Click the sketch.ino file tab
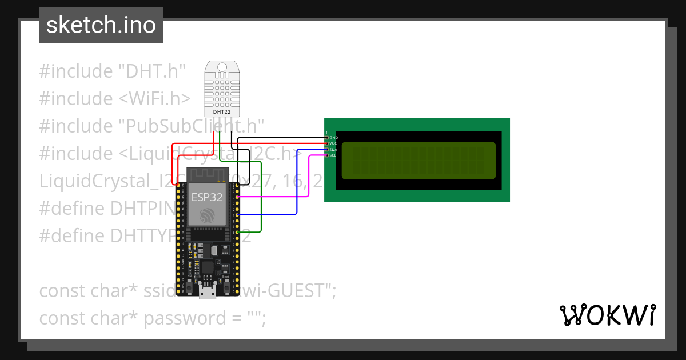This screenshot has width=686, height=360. [x=101, y=25]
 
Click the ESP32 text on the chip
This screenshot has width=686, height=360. [x=207, y=198]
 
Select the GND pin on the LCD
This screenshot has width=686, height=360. [x=327, y=138]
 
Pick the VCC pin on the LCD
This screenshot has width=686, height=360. [x=327, y=143]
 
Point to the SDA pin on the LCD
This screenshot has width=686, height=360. [x=327, y=150]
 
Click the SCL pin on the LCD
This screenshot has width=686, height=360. [x=327, y=155]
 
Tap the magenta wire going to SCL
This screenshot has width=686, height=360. [x=309, y=177]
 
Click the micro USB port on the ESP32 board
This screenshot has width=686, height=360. [x=207, y=293]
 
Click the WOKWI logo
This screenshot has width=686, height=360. [x=607, y=315]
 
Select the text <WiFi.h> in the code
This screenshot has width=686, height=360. [x=154, y=99]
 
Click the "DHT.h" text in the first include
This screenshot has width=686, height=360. [x=152, y=71]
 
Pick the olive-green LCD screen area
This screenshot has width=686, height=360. [x=418, y=160]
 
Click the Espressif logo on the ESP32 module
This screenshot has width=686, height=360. [x=207, y=216]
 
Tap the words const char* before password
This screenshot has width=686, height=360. [x=88, y=318]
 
